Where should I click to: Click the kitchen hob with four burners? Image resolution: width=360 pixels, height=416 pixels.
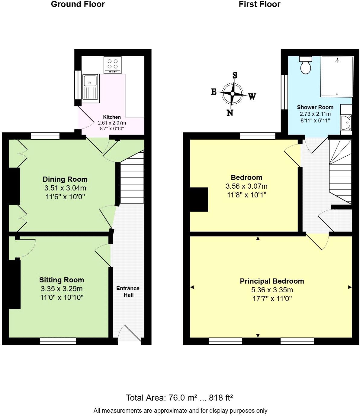tap(112, 65)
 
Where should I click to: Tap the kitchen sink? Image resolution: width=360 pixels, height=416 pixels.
tap(90, 88)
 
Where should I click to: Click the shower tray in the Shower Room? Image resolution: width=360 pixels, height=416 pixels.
tap(337, 76)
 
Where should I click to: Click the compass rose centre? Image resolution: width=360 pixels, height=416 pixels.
tap(232, 94)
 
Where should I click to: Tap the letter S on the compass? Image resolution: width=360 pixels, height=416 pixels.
tap(235, 76)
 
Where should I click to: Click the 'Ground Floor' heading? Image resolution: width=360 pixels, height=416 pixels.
tap(78, 4)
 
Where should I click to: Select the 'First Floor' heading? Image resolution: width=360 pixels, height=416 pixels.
tap(259, 4)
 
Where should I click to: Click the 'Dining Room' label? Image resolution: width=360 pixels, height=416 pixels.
tap(65, 179)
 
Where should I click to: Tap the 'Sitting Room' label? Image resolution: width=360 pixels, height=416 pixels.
tap(62, 280)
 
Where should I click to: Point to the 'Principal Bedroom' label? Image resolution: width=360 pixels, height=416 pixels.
tap(272, 281)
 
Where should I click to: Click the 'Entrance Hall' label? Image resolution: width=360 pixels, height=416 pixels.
tap(128, 291)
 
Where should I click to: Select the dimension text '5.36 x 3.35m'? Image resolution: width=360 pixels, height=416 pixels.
tap(272, 290)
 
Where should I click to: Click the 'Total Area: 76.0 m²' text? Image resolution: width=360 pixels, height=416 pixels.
tap(161, 398)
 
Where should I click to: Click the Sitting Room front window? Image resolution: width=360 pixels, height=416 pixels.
tap(58, 341)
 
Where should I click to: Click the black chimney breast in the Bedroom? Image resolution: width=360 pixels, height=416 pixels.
tap(199, 200)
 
